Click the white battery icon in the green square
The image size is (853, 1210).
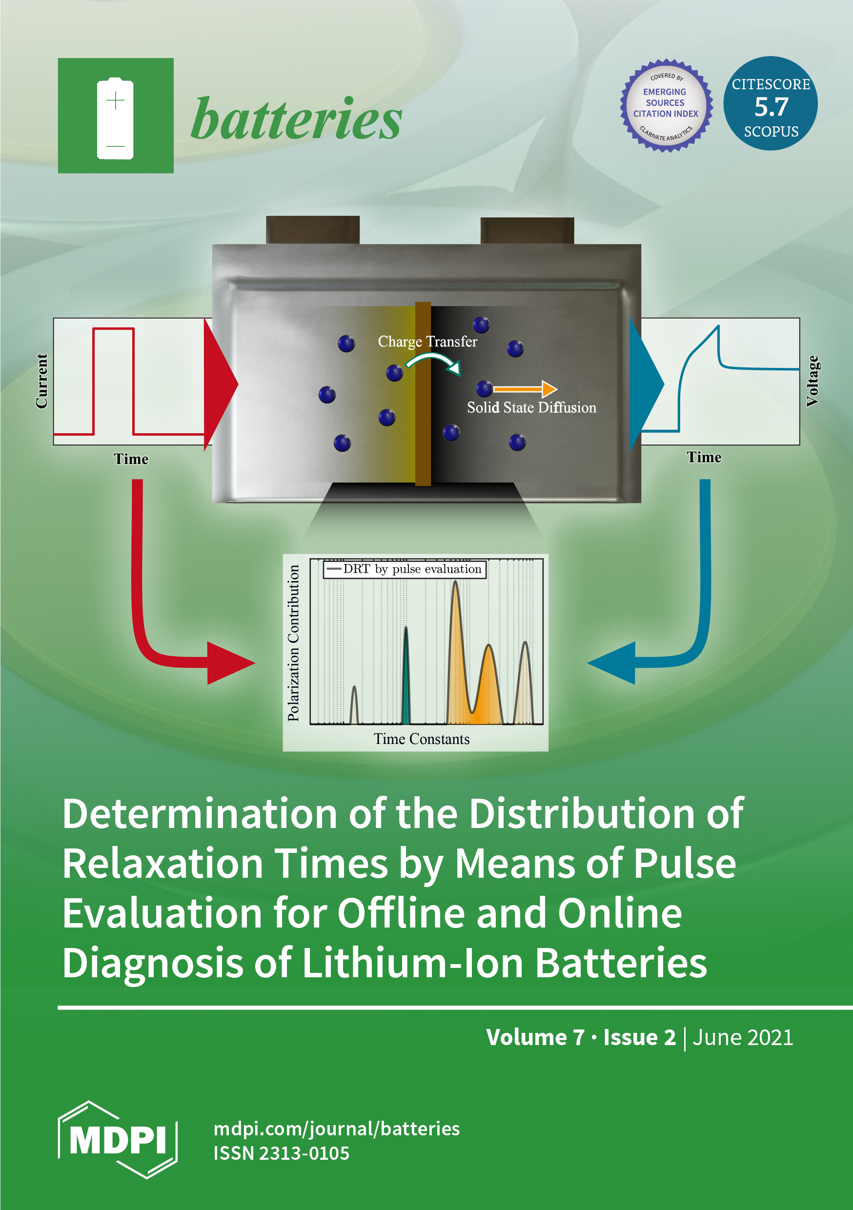point(115,118)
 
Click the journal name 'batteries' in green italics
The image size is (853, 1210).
point(296,119)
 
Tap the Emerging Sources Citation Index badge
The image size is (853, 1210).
point(666,104)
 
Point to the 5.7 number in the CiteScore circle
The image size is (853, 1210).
point(771,107)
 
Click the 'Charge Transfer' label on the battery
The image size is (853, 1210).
point(427,342)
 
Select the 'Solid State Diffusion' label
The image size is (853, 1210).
point(531,408)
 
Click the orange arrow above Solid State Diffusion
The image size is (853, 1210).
point(525,389)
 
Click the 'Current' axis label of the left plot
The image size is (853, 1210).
point(41,381)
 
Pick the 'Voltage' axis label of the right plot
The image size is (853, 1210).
point(812,381)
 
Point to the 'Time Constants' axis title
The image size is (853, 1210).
point(422,739)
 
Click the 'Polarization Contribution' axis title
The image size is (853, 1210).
point(294,643)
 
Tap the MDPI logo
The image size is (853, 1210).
point(118,1140)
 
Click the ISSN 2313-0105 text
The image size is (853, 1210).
point(281,1153)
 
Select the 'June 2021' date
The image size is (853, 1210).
point(742,1037)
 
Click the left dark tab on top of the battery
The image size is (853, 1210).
point(312,230)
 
